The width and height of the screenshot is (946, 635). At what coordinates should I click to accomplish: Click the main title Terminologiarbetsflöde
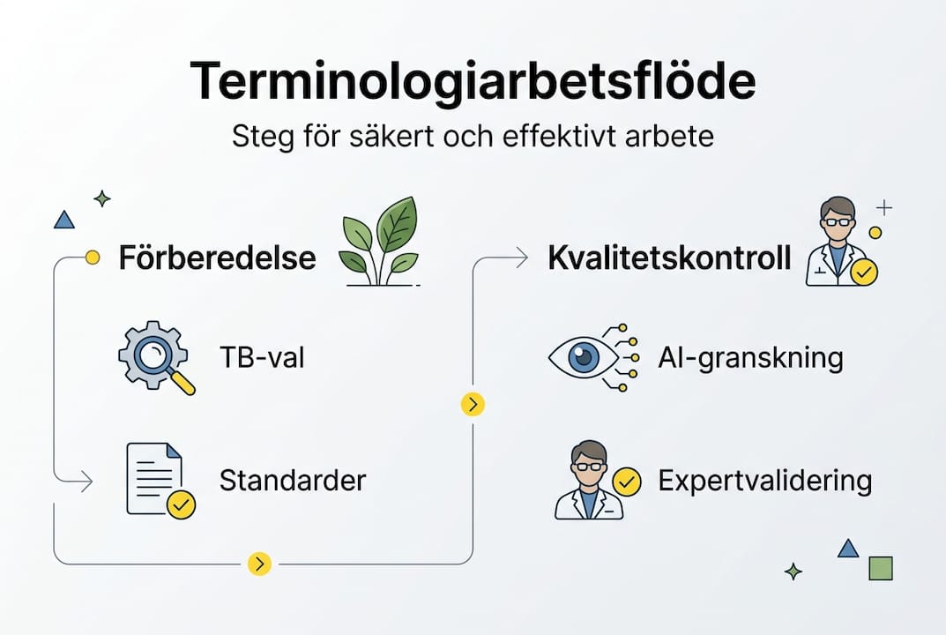(473, 82)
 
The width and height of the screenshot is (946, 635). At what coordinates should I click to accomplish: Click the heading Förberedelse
(217, 258)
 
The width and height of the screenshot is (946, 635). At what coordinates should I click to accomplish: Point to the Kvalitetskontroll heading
(669, 258)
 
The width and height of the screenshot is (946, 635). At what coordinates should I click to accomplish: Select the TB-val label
(262, 358)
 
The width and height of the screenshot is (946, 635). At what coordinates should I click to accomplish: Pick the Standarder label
(292, 481)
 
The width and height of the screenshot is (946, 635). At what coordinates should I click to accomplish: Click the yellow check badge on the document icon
(182, 504)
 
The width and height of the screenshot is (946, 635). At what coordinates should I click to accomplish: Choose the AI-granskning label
(750, 358)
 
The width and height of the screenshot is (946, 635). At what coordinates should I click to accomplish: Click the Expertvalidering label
(764, 481)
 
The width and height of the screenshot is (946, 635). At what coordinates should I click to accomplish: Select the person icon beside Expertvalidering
(588, 481)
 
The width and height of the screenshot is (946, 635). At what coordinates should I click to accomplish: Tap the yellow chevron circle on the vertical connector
(473, 404)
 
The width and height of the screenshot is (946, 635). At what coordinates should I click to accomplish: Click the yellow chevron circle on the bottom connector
(259, 564)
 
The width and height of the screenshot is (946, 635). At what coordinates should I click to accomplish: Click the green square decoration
(881, 568)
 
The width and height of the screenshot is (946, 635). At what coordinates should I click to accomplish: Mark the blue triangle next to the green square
(847, 549)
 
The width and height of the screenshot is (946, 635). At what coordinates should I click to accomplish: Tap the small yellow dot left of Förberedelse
(92, 258)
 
